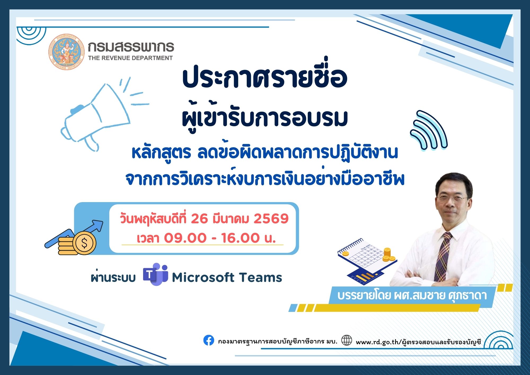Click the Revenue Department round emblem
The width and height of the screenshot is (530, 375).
coord(66,52)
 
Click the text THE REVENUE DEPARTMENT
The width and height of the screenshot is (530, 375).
coord(130,58)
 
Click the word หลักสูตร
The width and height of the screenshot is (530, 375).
coord(161,153)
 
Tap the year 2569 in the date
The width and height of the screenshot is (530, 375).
coord(271,219)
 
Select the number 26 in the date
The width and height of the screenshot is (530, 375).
coord(199,219)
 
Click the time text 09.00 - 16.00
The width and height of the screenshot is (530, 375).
coord(212,238)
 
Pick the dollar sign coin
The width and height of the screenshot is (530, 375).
coord(84,243)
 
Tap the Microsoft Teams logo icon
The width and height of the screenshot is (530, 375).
coord(155,275)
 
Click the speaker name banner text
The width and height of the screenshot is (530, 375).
coord(412,295)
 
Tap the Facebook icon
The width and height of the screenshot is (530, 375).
coord(209,340)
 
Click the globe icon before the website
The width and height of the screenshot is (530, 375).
coord(347,340)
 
